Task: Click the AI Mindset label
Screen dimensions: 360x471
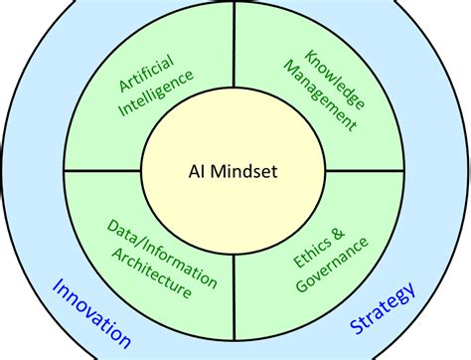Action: click(234, 171)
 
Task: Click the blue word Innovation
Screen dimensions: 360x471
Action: click(90, 314)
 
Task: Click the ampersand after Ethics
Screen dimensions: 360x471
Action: click(337, 232)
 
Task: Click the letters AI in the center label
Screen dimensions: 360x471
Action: click(195, 171)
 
